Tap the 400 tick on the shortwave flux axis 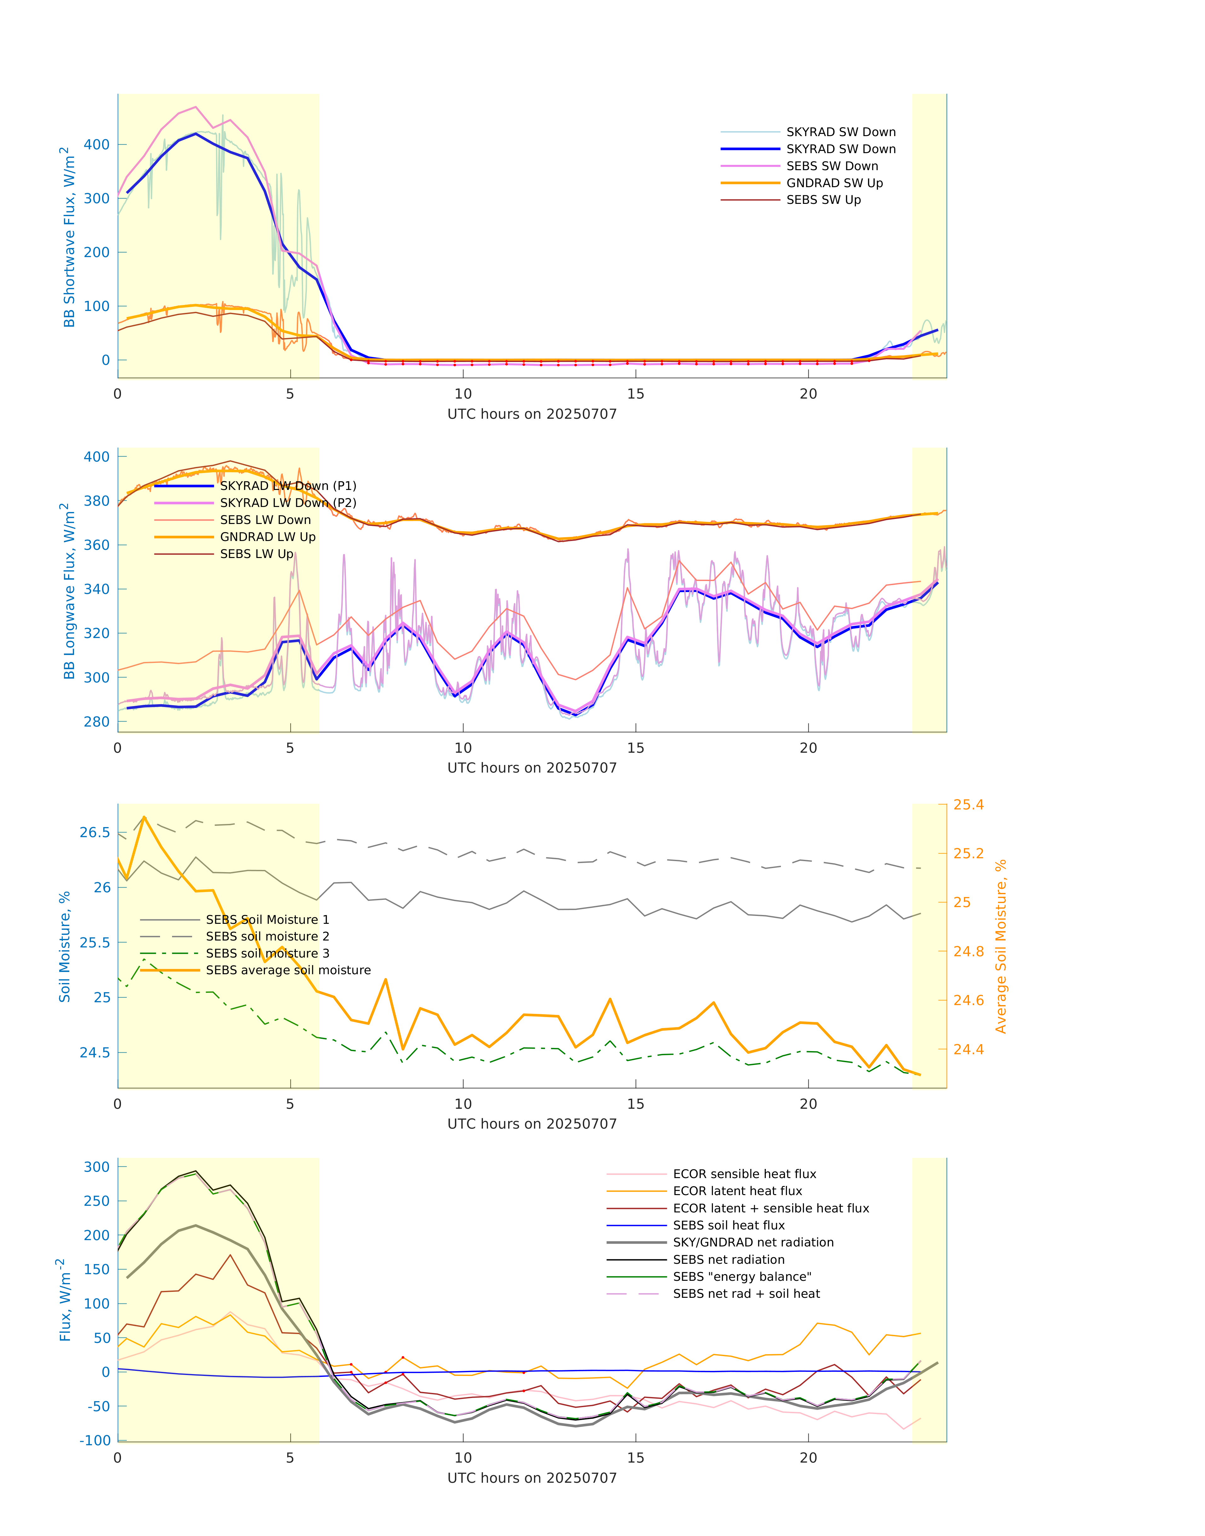(97, 145)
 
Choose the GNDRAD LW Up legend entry (267, 537)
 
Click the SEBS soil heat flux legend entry (729, 1226)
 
